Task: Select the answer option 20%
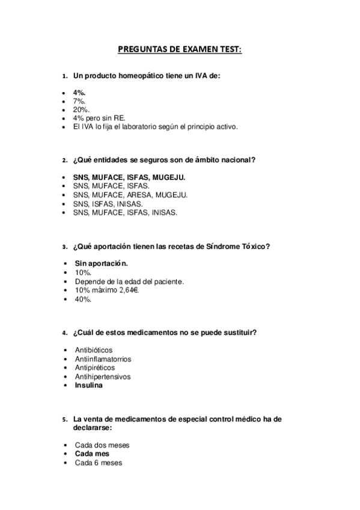point(82,110)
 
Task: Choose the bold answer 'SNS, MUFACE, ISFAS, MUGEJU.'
point(129,177)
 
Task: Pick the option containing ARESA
point(130,195)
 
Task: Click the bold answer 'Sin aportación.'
point(101,263)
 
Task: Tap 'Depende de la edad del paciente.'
point(129,281)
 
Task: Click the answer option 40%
point(83,299)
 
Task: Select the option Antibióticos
point(93,350)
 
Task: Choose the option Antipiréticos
point(94,367)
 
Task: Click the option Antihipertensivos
point(103,376)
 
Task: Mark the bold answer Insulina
point(88,385)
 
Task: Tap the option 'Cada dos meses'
point(102,445)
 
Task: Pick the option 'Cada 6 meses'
point(98,462)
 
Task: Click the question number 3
point(64,247)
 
